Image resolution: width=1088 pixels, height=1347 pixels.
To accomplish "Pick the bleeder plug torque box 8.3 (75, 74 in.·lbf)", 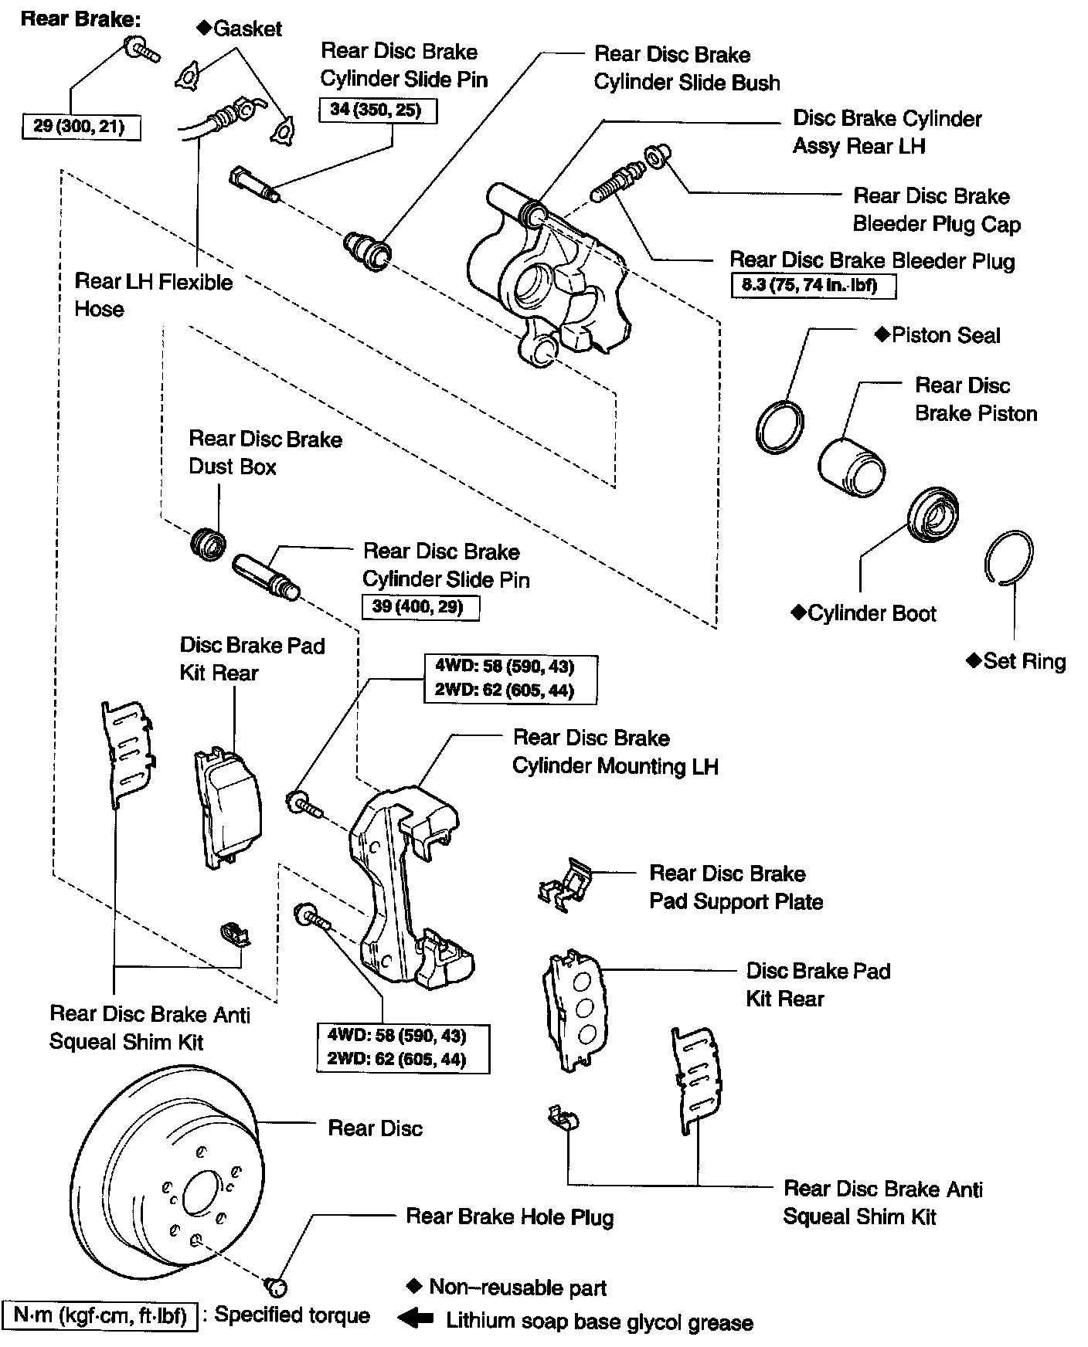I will point(814,286).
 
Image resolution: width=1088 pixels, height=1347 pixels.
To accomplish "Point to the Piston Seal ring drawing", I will point(779,427).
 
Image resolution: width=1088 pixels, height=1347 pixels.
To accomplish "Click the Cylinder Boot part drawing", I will point(933,514).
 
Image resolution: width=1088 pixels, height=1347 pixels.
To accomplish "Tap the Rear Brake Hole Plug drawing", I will point(276,1286).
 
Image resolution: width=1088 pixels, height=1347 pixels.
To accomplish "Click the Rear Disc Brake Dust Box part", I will point(208,543).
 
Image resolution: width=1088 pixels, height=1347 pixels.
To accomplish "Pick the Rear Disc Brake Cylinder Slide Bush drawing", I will point(367,249).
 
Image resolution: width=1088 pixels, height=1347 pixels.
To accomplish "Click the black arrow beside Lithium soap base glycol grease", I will point(416,1319).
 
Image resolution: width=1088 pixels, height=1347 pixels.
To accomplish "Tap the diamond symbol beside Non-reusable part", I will point(413,1286).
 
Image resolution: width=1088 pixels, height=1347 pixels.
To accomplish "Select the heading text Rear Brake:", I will point(80,19).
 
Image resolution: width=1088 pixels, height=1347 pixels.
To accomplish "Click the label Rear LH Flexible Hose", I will point(152,295).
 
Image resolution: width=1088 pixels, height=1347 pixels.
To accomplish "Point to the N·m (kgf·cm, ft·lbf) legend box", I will point(100,1315).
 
